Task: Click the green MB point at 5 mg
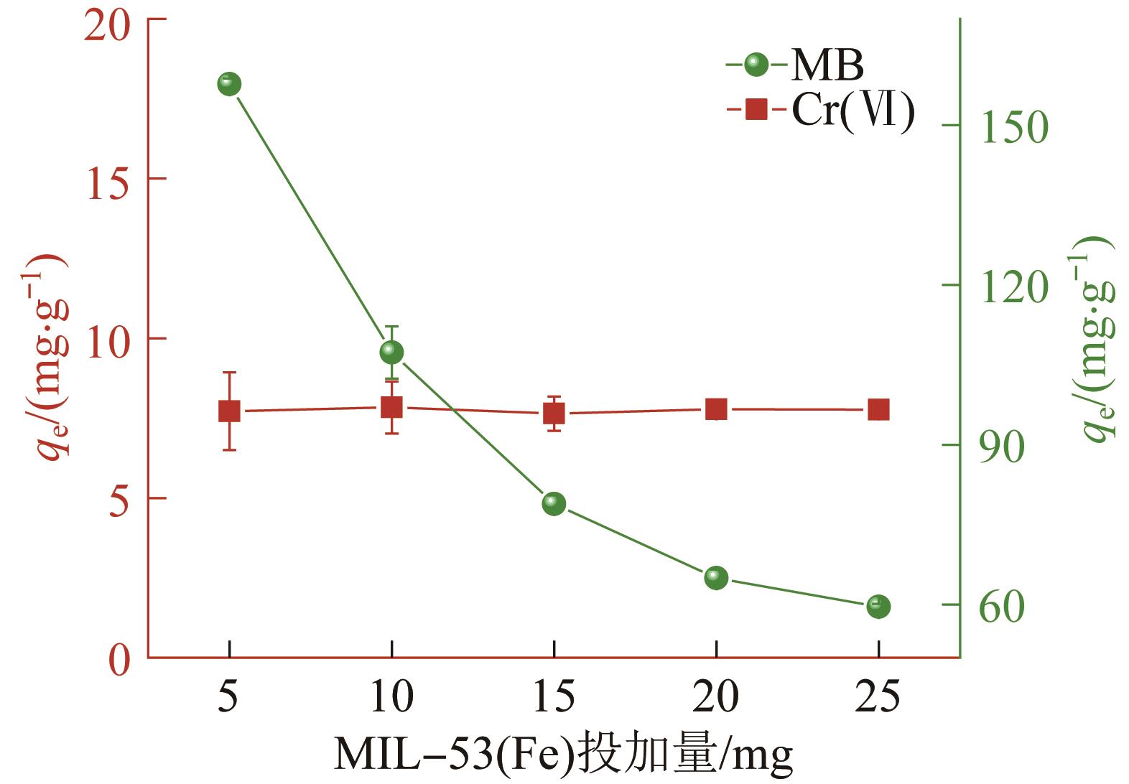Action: [229, 85]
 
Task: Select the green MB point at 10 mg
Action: [391, 352]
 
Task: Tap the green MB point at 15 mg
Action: [554, 503]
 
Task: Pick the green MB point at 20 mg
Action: [716, 577]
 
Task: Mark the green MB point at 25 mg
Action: [878, 606]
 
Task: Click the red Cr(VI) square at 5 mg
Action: [229, 411]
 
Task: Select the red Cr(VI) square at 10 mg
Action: [391, 407]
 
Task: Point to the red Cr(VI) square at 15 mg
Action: [554, 414]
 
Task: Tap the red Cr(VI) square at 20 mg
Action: [716, 409]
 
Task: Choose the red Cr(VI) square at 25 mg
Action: [878, 410]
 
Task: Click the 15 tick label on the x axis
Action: [554, 696]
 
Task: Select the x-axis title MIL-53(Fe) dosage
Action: [563, 755]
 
